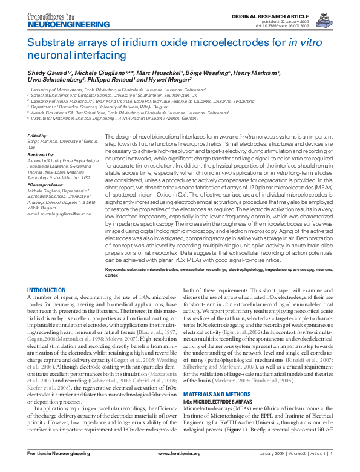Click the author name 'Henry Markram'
tap(257, 72)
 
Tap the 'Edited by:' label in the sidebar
tap(38, 136)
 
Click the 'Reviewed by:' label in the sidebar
tap(41, 155)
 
